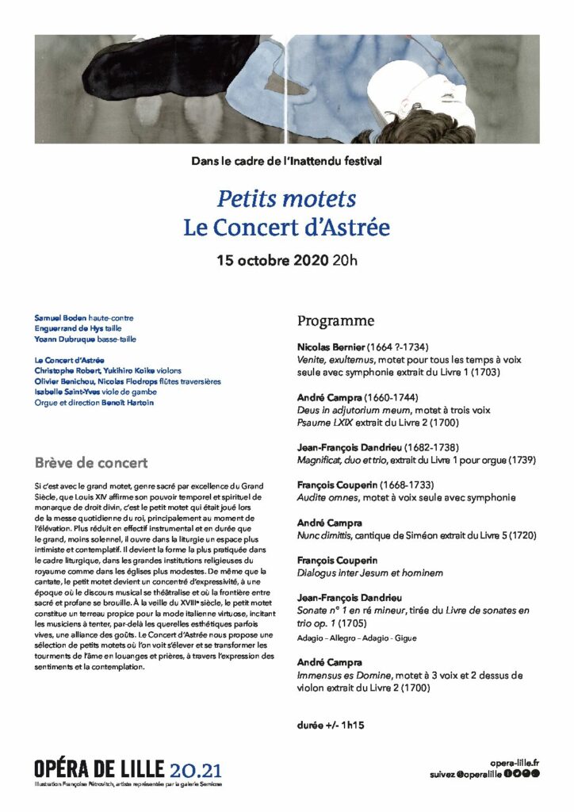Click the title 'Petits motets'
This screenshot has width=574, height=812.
point(286,198)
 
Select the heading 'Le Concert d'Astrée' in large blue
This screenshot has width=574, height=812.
point(286,228)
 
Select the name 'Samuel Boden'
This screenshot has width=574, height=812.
point(60,318)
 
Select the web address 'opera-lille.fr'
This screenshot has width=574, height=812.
point(515,761)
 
